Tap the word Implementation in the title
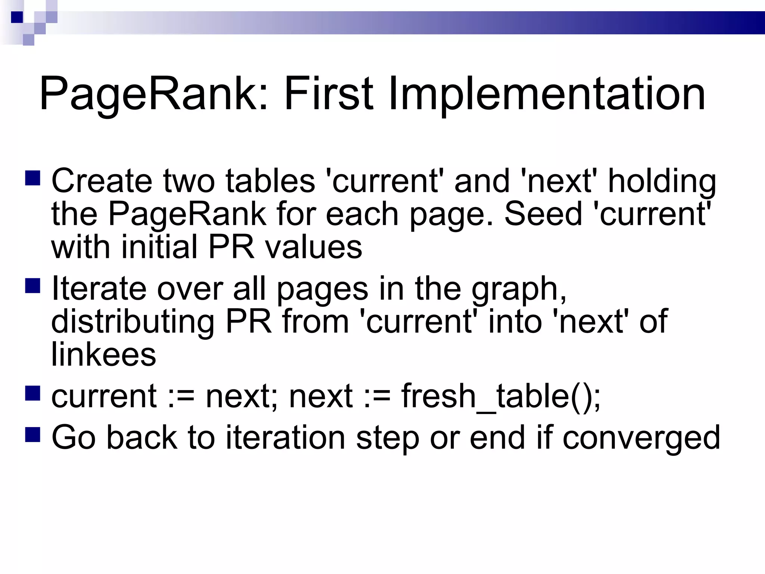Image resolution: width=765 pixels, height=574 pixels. pyautogui.click(x=547, y=94)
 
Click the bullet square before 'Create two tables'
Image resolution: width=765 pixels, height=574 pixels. pyautogui.click(x=33, y=178)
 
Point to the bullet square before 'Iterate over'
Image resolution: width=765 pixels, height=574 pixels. pyautogui.click(x=33, y=286)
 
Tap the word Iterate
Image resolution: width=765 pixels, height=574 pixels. pyautogui.click(x=99, y=288)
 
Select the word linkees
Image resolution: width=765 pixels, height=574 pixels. pyautogui.click(x=103, y=354)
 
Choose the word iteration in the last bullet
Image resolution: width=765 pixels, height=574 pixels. pyautogui.click(x=286, y=437)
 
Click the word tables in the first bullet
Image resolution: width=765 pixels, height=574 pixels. pyautogui.click(x=270, y=181)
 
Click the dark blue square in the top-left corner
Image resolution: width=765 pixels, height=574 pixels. pyautogui.click(x=17, y=17)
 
